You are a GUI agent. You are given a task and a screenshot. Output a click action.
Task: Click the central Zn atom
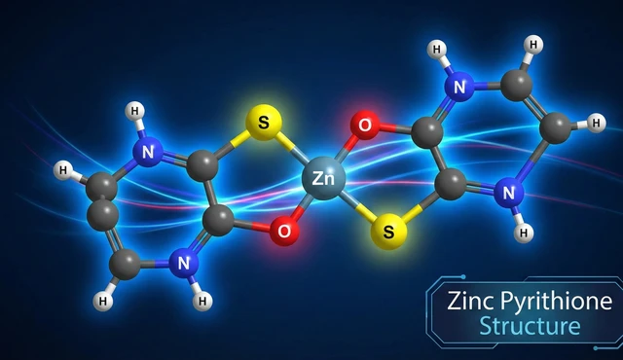[324, 179]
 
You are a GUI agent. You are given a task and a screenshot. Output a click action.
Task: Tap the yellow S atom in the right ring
[389, 232]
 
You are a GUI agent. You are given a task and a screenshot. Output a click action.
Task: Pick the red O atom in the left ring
[284, 232]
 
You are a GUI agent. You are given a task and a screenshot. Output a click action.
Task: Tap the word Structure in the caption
[529, 326]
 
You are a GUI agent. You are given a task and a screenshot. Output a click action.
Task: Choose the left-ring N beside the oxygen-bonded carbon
[182, 260]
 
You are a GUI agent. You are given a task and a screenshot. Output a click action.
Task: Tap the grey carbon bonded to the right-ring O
[428, 131]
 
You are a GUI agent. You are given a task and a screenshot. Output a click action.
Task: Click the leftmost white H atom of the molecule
[63, 171]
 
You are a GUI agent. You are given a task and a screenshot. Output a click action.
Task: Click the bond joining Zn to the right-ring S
[356, 205]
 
